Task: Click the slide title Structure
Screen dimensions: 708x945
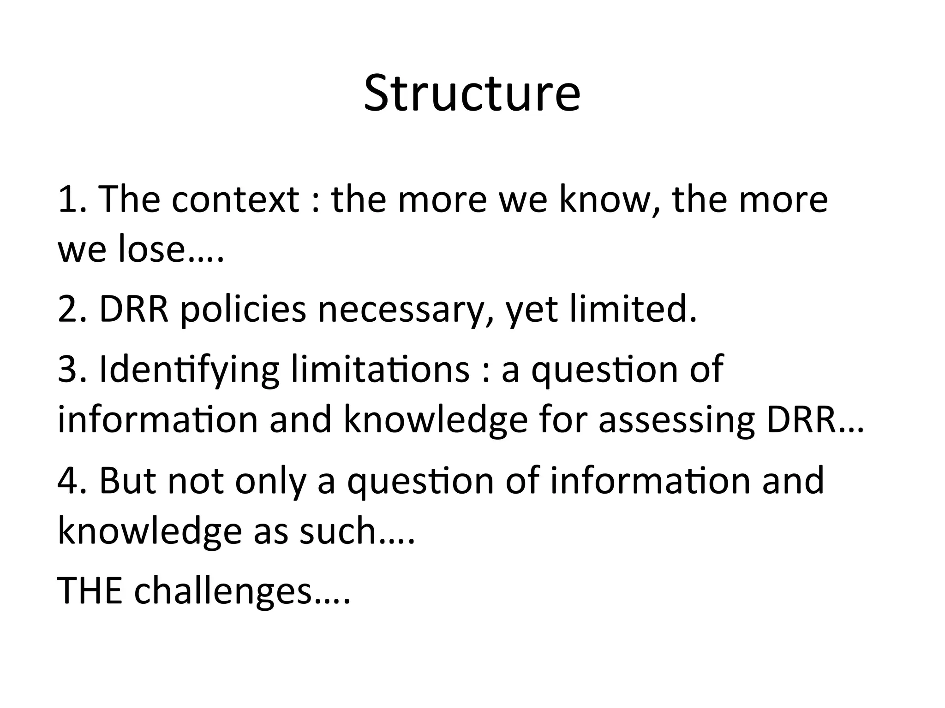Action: (472, 94)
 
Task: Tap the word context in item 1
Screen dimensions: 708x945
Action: (235, 200)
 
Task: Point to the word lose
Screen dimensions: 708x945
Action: (152, 249)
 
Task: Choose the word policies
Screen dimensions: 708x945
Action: (243, 310)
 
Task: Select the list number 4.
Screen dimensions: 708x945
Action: (69, 480)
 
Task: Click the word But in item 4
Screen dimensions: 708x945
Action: (128, 480)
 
